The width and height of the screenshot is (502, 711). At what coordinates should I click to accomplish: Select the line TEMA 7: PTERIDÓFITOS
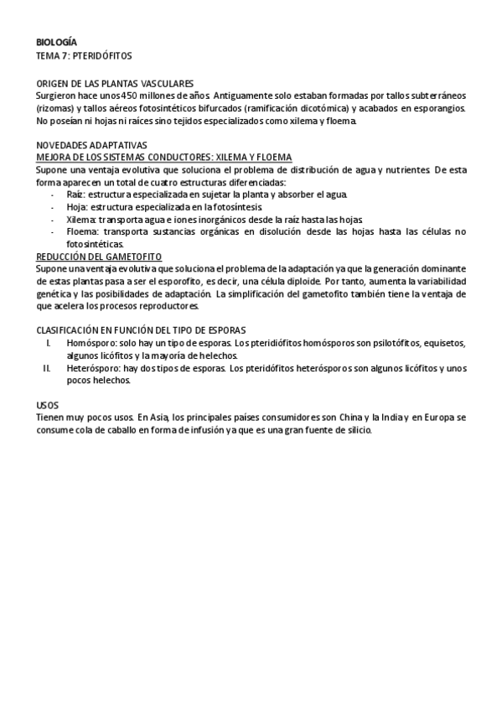[84, 55]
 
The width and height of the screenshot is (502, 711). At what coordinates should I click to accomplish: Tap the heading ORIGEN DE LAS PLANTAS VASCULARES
[116, 83]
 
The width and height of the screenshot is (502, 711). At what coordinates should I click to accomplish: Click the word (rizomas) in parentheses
[56, 109]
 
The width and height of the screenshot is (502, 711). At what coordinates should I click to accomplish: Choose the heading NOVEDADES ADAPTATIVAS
[91, 145]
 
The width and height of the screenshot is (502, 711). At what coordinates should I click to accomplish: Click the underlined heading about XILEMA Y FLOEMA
[164, 157]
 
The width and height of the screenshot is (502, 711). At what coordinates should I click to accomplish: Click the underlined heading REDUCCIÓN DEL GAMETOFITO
[100, 256]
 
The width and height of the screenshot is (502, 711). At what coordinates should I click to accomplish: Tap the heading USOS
[48, 404]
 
